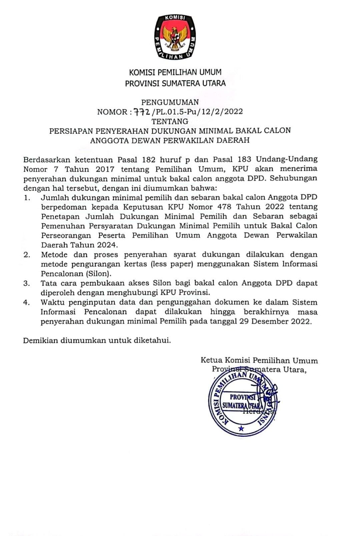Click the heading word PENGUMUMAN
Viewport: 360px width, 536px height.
[170, 102]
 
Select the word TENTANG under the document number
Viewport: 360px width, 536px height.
[170, 121]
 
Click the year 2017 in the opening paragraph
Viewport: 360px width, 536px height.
[105, 169]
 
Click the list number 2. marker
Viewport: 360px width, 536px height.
[27, 255]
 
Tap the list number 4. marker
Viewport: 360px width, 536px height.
[27, 303]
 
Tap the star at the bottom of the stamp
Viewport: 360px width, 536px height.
[241, 428]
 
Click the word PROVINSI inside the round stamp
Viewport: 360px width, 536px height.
[242, 397]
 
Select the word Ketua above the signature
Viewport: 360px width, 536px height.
[211, 360]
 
